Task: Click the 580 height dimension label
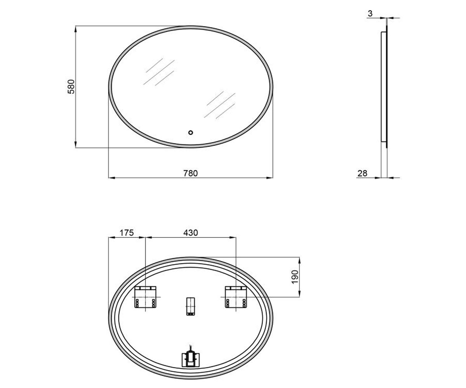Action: [x=71, y=87]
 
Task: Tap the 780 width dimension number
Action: [x=190, y=173]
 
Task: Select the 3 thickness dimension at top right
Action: [x=370, y=14]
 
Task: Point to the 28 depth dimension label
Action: [x=362, y=173]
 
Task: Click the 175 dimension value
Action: [x=127, y=233]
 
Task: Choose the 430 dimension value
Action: [x=190, y=233]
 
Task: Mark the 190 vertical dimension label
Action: [x=295, y=277]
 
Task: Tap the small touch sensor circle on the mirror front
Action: [x=190, y=133]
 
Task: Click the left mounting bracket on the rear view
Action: [x=145, y=297]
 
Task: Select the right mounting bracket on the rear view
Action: [x=236, y=297]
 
